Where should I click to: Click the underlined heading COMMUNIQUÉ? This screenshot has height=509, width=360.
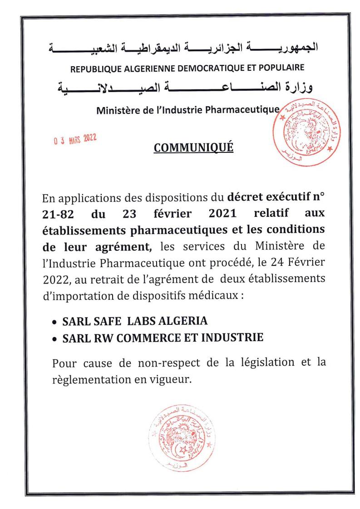pos(194,147)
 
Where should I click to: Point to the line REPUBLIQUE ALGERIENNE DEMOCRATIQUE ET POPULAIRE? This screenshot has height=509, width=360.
pos(187,68)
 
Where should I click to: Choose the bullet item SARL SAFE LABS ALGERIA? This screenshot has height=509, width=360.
pos(135,321)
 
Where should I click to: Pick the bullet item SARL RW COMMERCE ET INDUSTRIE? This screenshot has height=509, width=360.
pos(163,338)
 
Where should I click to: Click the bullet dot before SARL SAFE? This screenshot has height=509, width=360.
pos(55,322)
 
